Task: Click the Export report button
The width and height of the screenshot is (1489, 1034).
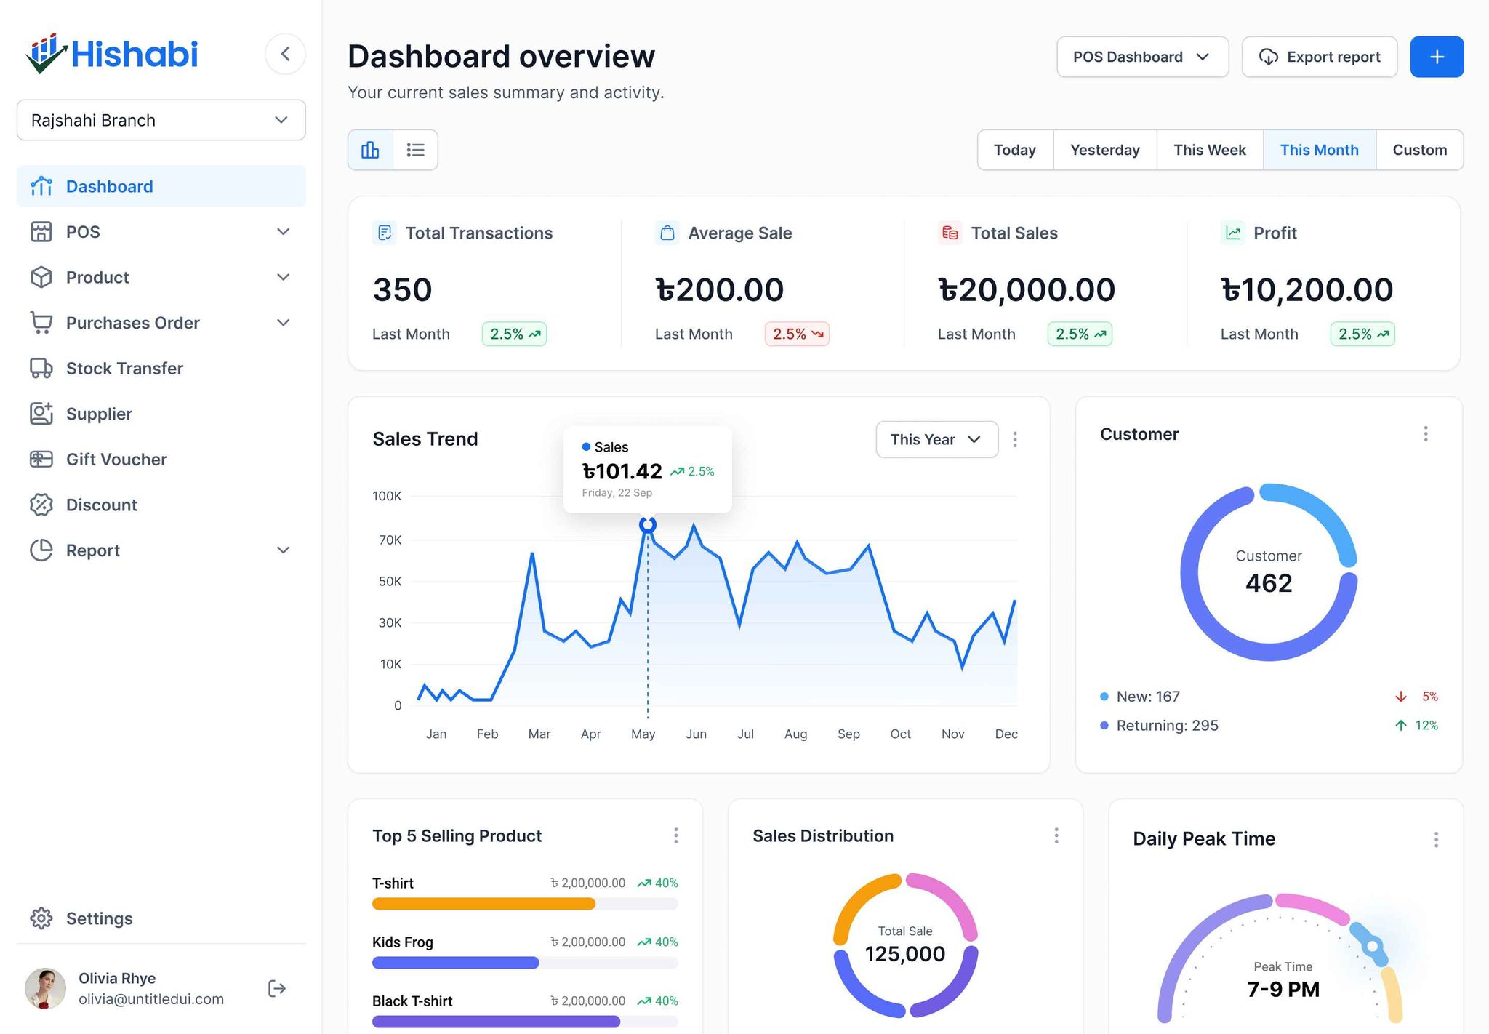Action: (1319, 57)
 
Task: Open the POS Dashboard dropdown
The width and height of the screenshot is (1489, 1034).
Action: (1141, 57)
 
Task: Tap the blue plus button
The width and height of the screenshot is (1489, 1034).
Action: (1437, 57)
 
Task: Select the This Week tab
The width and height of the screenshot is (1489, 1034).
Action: (1209, 150)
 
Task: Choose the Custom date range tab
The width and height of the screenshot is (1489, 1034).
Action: (1419, 150)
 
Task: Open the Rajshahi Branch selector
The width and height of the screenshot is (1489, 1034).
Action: (161, 120)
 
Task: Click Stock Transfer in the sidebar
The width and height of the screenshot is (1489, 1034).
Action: (124, 368)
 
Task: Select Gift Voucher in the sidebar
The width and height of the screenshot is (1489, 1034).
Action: (116, 459)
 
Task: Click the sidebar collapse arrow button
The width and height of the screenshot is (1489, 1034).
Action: (285, 54)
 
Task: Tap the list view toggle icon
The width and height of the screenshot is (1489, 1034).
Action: (415, 150)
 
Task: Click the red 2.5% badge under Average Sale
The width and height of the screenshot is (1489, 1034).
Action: (797, 334)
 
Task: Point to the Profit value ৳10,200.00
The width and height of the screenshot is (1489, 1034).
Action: (1307, 289)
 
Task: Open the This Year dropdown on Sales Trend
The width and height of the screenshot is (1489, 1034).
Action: (936, 439)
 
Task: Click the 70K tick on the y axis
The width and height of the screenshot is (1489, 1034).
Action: (390, 540)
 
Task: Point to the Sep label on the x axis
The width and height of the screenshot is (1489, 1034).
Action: (848, 734)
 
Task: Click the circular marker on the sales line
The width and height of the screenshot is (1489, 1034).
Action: (647, 524)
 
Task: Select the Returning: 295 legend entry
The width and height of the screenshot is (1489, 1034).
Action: (1166, 725)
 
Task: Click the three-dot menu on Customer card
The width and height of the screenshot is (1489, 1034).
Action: (1425, 434)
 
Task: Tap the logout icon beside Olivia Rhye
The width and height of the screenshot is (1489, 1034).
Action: (277, 988)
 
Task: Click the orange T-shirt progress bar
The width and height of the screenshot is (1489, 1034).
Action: (483, 904)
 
